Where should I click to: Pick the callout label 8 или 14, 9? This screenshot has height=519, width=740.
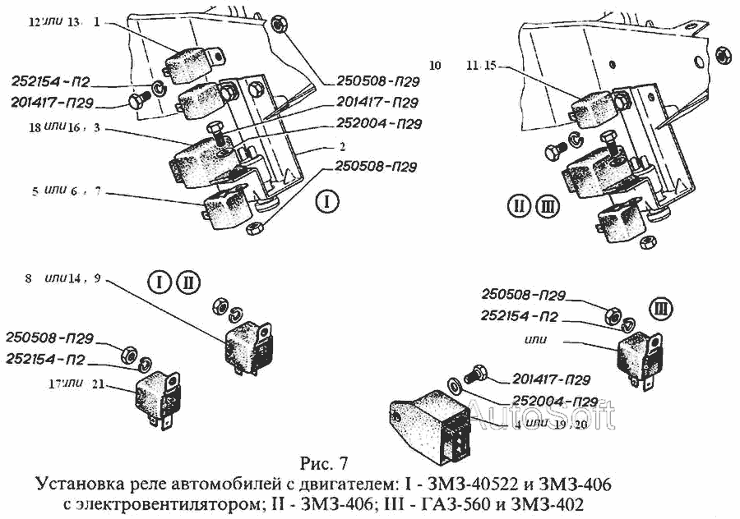(62, 280)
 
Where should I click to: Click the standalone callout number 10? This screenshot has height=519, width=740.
(435, 63)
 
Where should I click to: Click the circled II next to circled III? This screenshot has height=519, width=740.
(519, 206)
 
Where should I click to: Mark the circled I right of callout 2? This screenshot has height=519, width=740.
(327, 202)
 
